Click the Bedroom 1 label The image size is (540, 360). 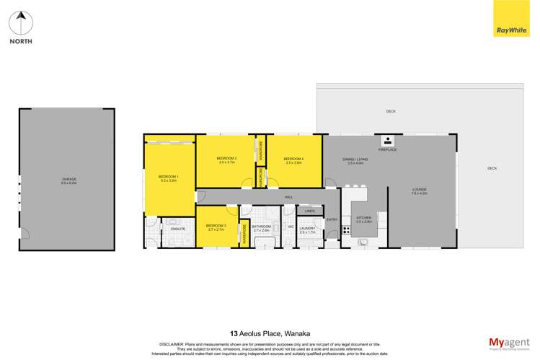coord(168,177)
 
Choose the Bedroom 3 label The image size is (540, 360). coord(216,227)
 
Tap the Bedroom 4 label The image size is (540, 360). coord(293,159)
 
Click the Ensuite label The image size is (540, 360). coord(179,229)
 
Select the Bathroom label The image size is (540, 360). coord(262,227)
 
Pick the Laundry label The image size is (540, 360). coord(309,229)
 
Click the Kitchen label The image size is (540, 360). coord(363,218)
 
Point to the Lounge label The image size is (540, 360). coord(420,191)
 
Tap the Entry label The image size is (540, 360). coord(332,219)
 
